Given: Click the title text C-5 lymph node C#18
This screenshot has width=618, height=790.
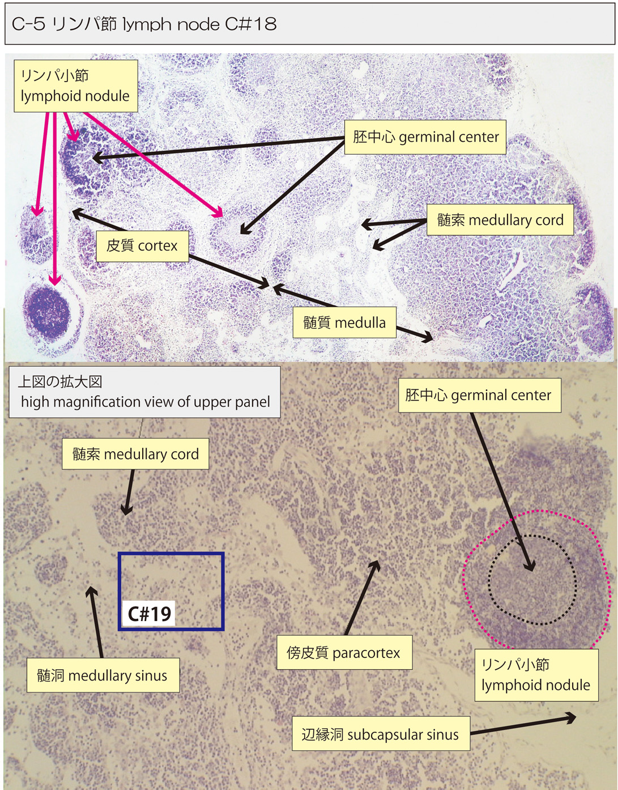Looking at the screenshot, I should pos(144,24).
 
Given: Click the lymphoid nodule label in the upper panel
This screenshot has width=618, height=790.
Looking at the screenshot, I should pos(75,86).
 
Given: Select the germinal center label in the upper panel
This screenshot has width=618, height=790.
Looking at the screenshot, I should pos(425,137).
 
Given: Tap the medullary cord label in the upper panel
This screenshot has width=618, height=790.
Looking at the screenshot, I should pos(500,220).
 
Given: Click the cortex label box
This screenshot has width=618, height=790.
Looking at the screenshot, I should pos(142,246).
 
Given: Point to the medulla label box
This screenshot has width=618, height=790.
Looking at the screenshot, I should pos(344,322).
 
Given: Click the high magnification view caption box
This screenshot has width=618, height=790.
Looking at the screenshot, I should pos(144,392).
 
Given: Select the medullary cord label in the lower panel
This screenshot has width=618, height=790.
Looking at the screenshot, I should pos(135,454).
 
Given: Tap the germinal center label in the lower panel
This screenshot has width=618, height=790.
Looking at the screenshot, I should pos(479,395).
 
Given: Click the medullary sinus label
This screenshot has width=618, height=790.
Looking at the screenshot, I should pos(103,675).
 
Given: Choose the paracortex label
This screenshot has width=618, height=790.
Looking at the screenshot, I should pos(344,652).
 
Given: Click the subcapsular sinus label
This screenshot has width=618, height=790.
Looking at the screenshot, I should pos(381,734).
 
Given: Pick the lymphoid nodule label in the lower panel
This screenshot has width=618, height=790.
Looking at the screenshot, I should pos(536,675).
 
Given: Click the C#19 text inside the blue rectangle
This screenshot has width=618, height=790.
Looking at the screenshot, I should pos(149,614).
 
